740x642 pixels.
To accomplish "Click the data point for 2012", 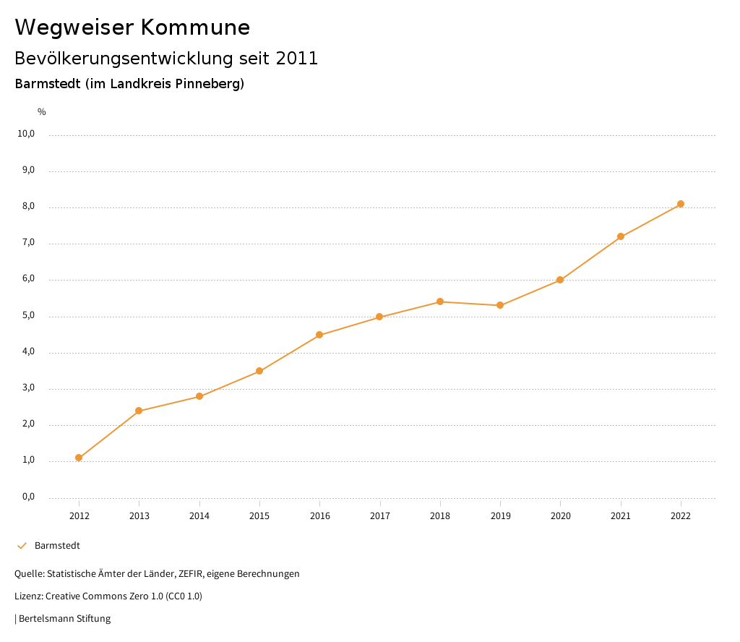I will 79,458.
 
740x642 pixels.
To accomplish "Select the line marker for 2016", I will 319,335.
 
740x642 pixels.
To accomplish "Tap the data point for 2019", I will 500,305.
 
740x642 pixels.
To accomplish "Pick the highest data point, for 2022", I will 681,204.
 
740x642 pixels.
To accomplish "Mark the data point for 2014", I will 199,396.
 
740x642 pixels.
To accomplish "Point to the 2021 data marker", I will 621,236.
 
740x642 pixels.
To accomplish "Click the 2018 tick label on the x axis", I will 440,515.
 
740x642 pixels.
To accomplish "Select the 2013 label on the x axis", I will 139,515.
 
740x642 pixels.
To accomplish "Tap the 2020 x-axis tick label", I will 561,515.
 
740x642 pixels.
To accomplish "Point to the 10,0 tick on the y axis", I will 27,134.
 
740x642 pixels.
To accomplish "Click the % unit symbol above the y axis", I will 42,112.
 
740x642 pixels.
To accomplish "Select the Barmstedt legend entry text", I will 57,545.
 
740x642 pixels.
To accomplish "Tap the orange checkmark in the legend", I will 22,545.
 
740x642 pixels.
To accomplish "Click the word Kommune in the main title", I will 194,27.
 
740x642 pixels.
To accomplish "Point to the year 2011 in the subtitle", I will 297,58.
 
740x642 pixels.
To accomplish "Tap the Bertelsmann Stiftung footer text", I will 64,618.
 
